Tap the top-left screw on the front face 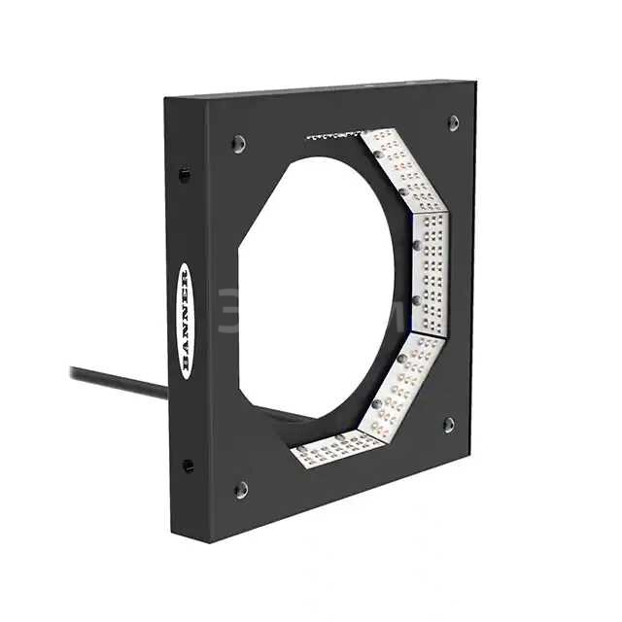[238, 144]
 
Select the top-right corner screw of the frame [453, 122]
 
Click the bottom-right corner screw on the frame [448, 424]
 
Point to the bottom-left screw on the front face [240, 489]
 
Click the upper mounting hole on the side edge [185, 176]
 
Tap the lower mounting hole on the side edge [187, 465]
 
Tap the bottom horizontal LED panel [335, 446]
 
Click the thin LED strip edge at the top [335, 136]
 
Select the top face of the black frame [321, 89]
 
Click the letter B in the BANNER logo [186, 365]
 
